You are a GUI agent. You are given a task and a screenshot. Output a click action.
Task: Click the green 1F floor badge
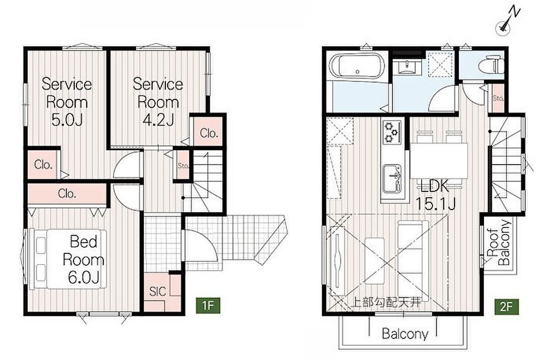coord(208,305)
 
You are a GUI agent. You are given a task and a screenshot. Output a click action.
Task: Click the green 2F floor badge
coord(506,307)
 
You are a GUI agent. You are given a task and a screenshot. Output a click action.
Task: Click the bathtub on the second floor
coord(357,66)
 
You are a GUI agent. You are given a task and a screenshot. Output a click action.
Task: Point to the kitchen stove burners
coord(392,133)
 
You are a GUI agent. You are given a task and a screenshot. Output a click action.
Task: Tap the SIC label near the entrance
coord(158,291)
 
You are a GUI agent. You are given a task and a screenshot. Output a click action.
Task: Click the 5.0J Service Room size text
coord(67,120)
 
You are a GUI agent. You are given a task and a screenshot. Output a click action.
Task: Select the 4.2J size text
coord(159,120)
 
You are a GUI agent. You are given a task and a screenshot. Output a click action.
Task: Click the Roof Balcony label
coord(499,242)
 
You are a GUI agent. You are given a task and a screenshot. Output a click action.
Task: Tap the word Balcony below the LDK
coord(405,334)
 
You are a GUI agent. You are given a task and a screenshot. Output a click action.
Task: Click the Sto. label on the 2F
coord(498,98)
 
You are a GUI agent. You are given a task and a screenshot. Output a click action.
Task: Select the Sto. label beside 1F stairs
coord(183,166)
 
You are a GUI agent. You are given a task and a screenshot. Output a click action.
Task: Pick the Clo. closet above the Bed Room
coord(67,194)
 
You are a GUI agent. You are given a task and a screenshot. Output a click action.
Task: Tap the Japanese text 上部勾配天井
coord(386,303)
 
